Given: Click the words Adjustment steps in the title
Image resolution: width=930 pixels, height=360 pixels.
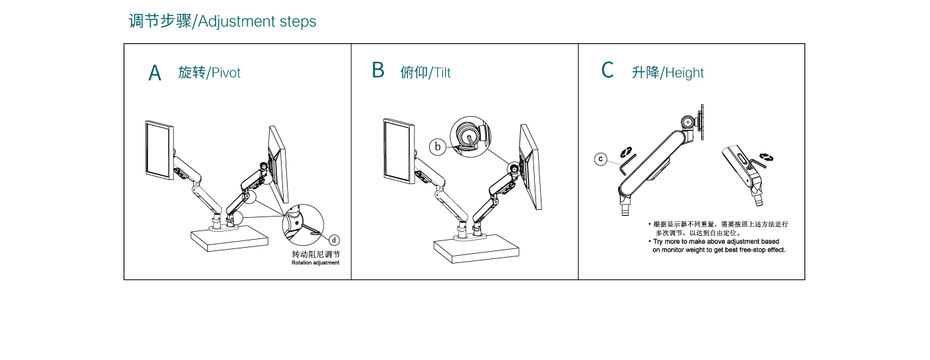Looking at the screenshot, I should pyautogui.click(x=257, y=21).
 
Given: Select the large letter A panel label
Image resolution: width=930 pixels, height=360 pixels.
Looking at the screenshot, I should pyautogui.click(x=155, y=72).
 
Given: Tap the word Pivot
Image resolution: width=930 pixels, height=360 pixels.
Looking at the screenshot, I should pyautogui.click(x=226, y=72).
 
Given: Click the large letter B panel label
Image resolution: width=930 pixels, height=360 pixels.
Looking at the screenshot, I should pyautogui.click(x=378, y=70).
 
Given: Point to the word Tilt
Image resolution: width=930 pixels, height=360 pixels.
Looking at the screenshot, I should pyautogui.click(x=441, y=72).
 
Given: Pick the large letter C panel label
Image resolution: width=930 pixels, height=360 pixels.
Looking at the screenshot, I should pyautogui.click(x=607, y=70).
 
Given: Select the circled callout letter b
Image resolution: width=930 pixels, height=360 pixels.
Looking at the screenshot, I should pyautogui.click(x=437, y=147).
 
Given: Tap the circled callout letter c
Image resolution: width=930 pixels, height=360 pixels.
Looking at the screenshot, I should pyautogui.click(x=601, y=159).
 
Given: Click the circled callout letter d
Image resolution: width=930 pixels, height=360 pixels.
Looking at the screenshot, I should pyautogui.click(x=334, y=240).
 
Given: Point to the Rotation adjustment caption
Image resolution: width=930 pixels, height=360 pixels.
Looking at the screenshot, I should pyautogui.click(x=316, y=262).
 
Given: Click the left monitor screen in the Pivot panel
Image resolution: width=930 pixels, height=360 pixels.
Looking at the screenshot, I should pyautogui.click(x=159, y=149).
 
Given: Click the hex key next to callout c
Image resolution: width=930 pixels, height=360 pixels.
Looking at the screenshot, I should pyautogui.click(x=626, y=162).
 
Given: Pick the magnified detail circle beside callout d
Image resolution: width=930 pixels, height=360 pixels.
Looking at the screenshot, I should pyautogui.click(x=302, y=224).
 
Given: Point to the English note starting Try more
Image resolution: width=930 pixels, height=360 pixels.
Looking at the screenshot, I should pyautogui.click(x=717, y=246).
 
